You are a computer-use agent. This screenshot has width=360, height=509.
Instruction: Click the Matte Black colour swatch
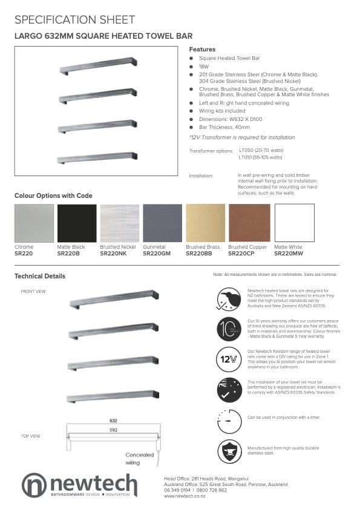coord(77,223)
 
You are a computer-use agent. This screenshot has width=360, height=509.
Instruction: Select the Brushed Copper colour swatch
coord(249,223)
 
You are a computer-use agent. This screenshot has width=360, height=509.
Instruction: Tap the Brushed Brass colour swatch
coord(206,223)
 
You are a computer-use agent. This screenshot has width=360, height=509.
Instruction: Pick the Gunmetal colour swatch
coord(162,223)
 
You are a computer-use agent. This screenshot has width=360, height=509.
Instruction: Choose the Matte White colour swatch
coord(294,223)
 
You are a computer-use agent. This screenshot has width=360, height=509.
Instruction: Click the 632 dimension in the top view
coord(113,420)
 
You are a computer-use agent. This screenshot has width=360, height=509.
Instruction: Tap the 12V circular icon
coord(229,360)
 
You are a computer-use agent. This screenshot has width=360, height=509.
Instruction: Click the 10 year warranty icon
coord(229,329)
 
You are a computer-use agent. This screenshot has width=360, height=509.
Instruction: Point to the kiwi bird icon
coord(229,298)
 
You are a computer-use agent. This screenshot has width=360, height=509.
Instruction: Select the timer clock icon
coord(229,421)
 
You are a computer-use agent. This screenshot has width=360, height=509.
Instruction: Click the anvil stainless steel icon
coord(229,452)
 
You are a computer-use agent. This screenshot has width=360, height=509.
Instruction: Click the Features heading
coord(202,49)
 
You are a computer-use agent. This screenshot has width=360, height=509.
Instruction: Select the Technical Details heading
coord(40,277)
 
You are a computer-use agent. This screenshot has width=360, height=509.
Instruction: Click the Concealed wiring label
coord(140,458)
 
